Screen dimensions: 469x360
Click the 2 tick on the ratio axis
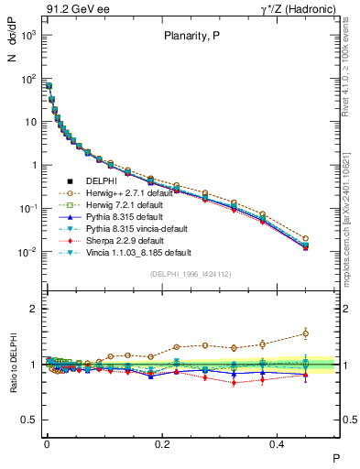[x=34, y=309]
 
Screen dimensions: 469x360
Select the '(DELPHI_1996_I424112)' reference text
[x=190, y=272]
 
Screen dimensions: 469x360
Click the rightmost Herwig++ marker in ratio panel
[x=306, y=333]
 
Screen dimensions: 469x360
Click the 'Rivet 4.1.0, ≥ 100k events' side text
[x=350, y=64]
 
